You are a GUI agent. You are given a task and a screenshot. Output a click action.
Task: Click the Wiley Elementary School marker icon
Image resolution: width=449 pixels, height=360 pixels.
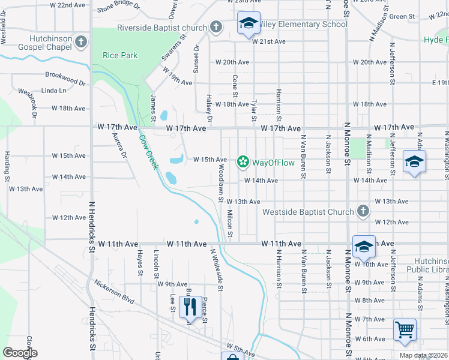(248, 23)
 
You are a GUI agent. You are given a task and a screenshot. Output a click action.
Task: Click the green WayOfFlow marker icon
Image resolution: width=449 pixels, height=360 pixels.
(243, 161)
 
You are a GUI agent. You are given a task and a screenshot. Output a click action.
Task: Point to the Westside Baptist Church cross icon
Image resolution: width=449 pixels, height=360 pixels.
(363, 211)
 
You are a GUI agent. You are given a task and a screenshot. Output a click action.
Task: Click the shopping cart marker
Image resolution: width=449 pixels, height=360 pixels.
(405, 330)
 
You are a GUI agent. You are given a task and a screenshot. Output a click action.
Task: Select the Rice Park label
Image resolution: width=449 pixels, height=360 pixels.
(120, 55)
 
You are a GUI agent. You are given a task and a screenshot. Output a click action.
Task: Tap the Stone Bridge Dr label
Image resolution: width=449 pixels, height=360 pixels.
(118, 8)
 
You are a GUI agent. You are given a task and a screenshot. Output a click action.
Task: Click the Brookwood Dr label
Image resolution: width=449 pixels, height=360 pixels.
(69, 77)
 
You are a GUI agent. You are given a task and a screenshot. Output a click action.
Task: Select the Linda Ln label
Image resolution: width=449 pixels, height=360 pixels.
(53, 91)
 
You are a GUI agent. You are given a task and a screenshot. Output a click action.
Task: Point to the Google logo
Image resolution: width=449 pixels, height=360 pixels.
(20, 353)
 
